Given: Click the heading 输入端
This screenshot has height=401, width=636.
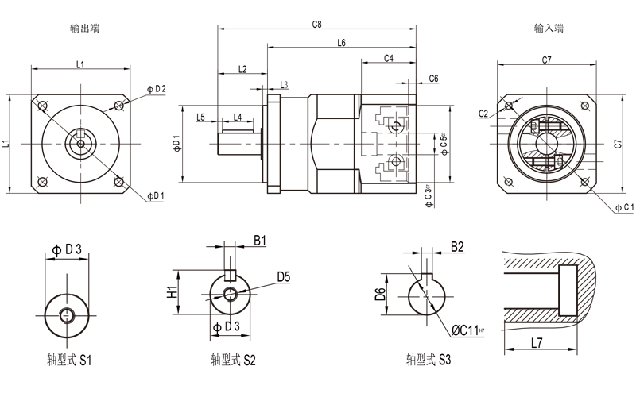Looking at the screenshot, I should (x=549, y=29).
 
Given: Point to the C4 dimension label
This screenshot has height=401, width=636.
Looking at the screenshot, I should (x=389, y=59).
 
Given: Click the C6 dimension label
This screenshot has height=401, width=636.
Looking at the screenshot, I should (x=434, y=78).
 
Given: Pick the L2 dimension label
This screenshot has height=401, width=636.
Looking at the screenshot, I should (x=242, y=69).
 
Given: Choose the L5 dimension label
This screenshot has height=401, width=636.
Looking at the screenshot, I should (x=200, y=118).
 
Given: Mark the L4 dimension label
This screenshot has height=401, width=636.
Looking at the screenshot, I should (x=236, y=118).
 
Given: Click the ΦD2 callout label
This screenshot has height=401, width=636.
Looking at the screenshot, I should (x=157, y=89).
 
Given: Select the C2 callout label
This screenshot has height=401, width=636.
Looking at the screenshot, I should (x=484, y=114).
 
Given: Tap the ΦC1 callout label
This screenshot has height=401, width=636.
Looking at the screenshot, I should (x=623, y=207).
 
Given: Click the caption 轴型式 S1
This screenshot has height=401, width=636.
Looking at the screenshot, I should (x=70, y=360).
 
